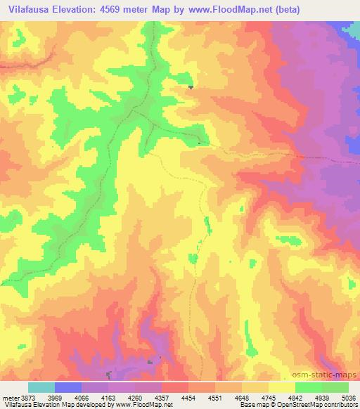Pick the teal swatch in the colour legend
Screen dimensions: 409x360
(41, 387)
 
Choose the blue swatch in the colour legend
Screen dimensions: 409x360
(68, 387)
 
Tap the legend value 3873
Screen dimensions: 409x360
(25, 397)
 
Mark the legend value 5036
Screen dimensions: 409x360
(349, 397)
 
